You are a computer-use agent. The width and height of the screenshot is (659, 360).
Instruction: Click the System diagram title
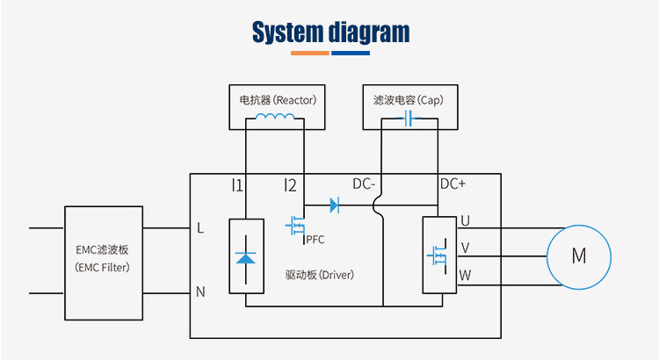pos(330,32)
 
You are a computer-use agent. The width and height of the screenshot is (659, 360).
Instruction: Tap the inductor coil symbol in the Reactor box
pos(275,117)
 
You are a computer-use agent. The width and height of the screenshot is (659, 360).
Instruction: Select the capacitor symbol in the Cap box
pos(409,118)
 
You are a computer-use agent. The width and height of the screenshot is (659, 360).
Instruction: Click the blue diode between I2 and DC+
pos(335,205)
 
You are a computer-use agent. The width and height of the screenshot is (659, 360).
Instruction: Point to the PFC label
pos(315,240)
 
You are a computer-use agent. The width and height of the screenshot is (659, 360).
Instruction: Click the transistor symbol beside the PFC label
pos(296,226)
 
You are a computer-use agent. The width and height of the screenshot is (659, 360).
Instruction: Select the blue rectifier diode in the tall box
pos(246,257)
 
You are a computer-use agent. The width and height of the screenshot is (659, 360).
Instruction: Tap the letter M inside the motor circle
pos(579,256)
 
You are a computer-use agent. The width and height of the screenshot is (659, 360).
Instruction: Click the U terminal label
pos(465,221)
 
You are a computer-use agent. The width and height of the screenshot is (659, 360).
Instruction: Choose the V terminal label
pos(465,248)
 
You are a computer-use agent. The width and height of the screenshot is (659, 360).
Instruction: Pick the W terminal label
pos(465,275)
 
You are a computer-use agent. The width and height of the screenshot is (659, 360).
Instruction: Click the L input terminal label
pos(200,228)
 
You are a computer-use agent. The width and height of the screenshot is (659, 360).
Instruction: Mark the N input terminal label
pos(200,292)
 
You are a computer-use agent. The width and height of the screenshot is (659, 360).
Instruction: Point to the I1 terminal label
pos(237,185)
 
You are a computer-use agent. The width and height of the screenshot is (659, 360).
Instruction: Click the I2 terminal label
pos(290,185)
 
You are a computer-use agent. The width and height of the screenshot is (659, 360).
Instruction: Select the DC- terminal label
pos(364,184)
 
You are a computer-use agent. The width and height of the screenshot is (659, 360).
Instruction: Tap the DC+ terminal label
pos(453,184)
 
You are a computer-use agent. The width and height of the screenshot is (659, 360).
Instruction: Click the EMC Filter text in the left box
pos(102,267)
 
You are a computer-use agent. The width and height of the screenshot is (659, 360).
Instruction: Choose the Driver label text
pos(320,275)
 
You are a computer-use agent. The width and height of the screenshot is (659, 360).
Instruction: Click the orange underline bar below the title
pos(310,54)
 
